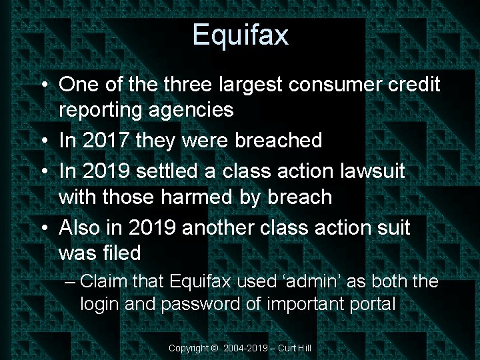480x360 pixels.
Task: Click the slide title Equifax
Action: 240,34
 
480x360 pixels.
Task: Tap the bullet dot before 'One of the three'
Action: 43,85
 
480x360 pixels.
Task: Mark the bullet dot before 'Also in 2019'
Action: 43,227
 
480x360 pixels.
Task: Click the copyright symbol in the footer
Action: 213,348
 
